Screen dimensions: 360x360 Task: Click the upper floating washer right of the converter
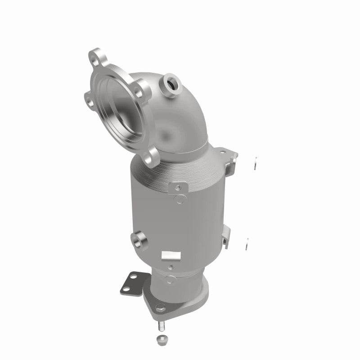(256, 163)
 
